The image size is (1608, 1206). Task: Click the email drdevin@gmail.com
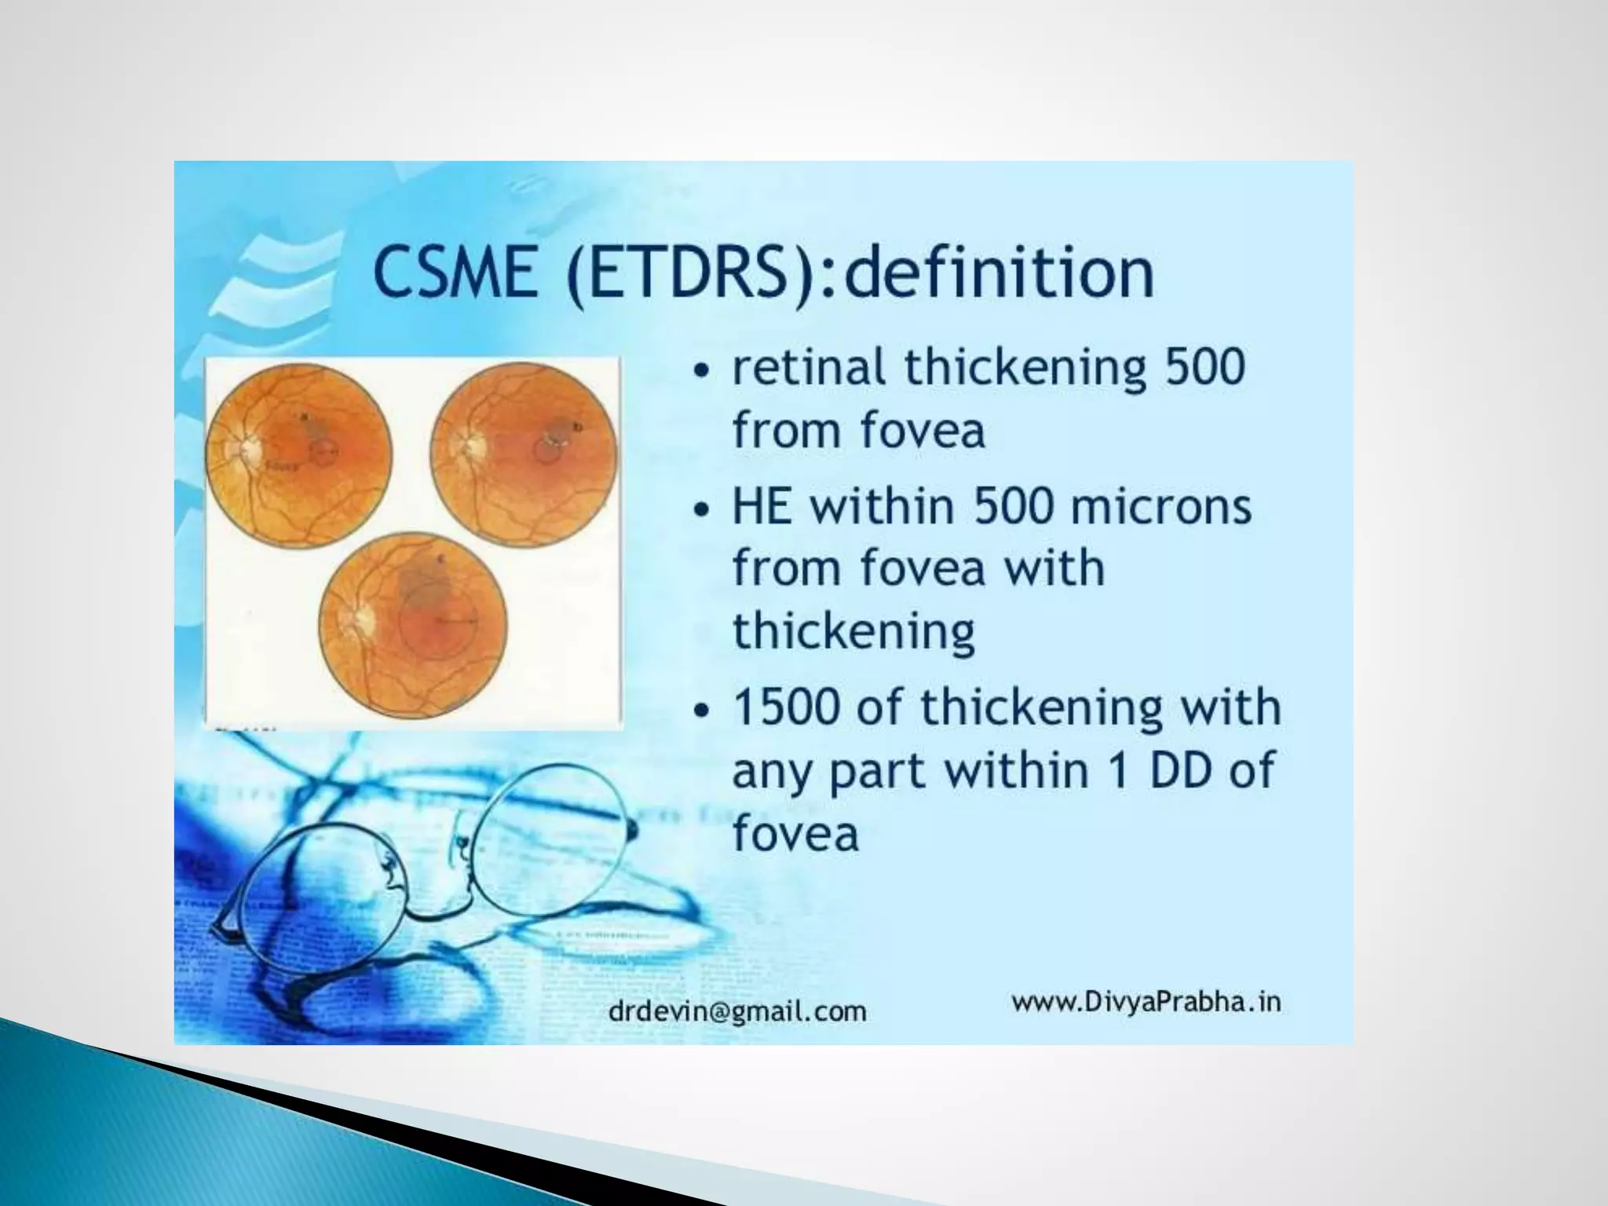pyautogui.click(x=737, y=1010)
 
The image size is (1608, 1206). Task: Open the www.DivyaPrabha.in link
pyautogui.click(x=1146, y=1002)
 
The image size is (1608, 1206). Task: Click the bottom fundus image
pyautogui.click(x=413, y=626)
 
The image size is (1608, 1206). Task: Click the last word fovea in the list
pyautogui.click(x=795, y=833)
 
